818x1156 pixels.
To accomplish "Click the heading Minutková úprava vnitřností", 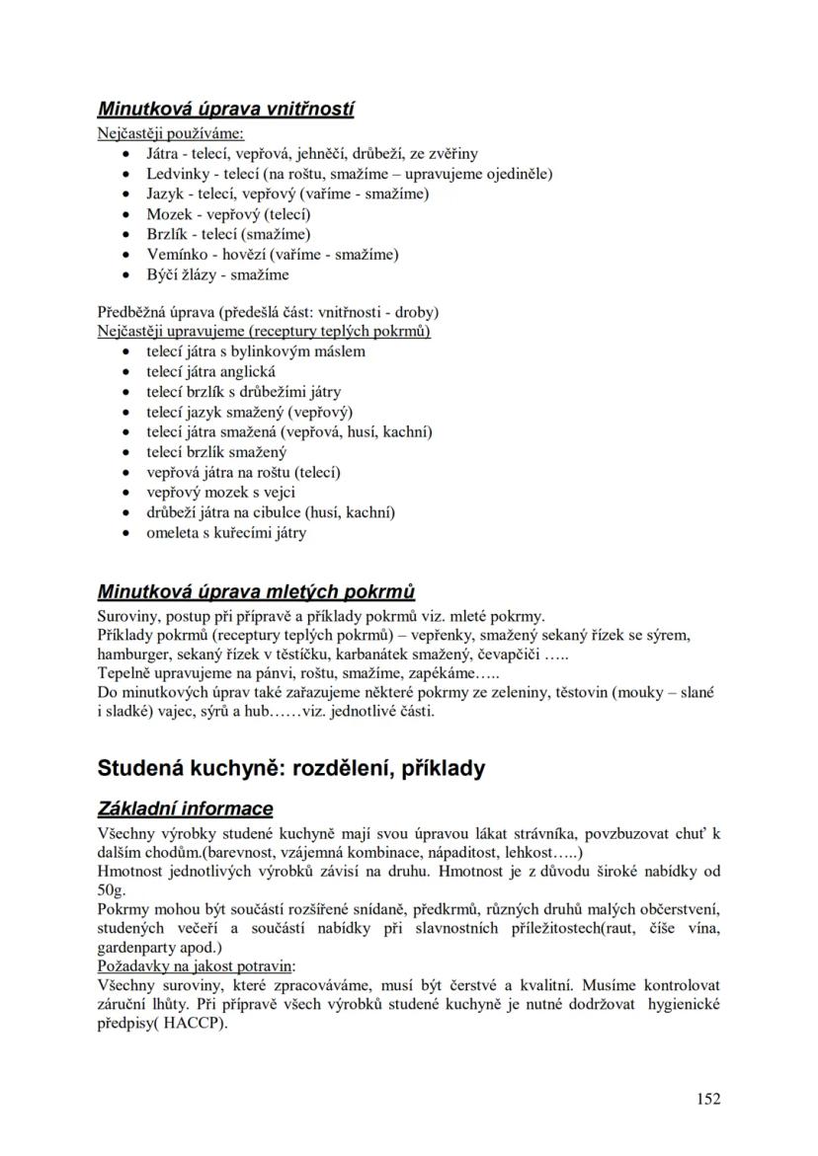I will [225, 110].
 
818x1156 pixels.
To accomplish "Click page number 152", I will [707, 1098].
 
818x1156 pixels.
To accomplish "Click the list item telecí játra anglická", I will [210, 372].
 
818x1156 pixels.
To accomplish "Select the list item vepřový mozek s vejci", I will [220, 493].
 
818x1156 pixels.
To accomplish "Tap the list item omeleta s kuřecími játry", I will [226, 533].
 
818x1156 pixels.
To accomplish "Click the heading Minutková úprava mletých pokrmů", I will [256, 592].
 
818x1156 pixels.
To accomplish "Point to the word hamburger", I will [135, 654].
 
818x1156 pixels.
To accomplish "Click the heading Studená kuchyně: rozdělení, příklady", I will [291, 768].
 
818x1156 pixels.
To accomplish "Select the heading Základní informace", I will [185, 809].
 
